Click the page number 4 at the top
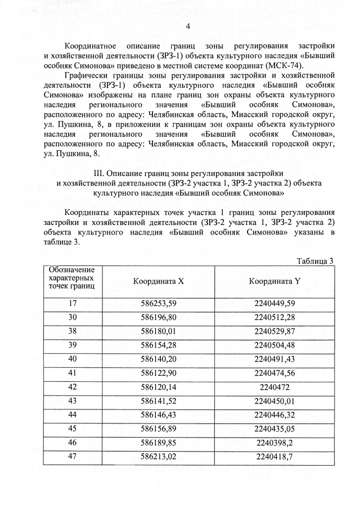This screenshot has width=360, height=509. (188, 26)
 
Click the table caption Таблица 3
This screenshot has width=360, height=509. (314, 260)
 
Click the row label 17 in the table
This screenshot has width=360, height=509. (72, 304)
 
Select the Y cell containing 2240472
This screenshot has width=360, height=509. (274, 387)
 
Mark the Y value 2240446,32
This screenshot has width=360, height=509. (274, 413)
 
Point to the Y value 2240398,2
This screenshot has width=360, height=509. (274, 442)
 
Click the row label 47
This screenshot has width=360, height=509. (72, 456)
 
